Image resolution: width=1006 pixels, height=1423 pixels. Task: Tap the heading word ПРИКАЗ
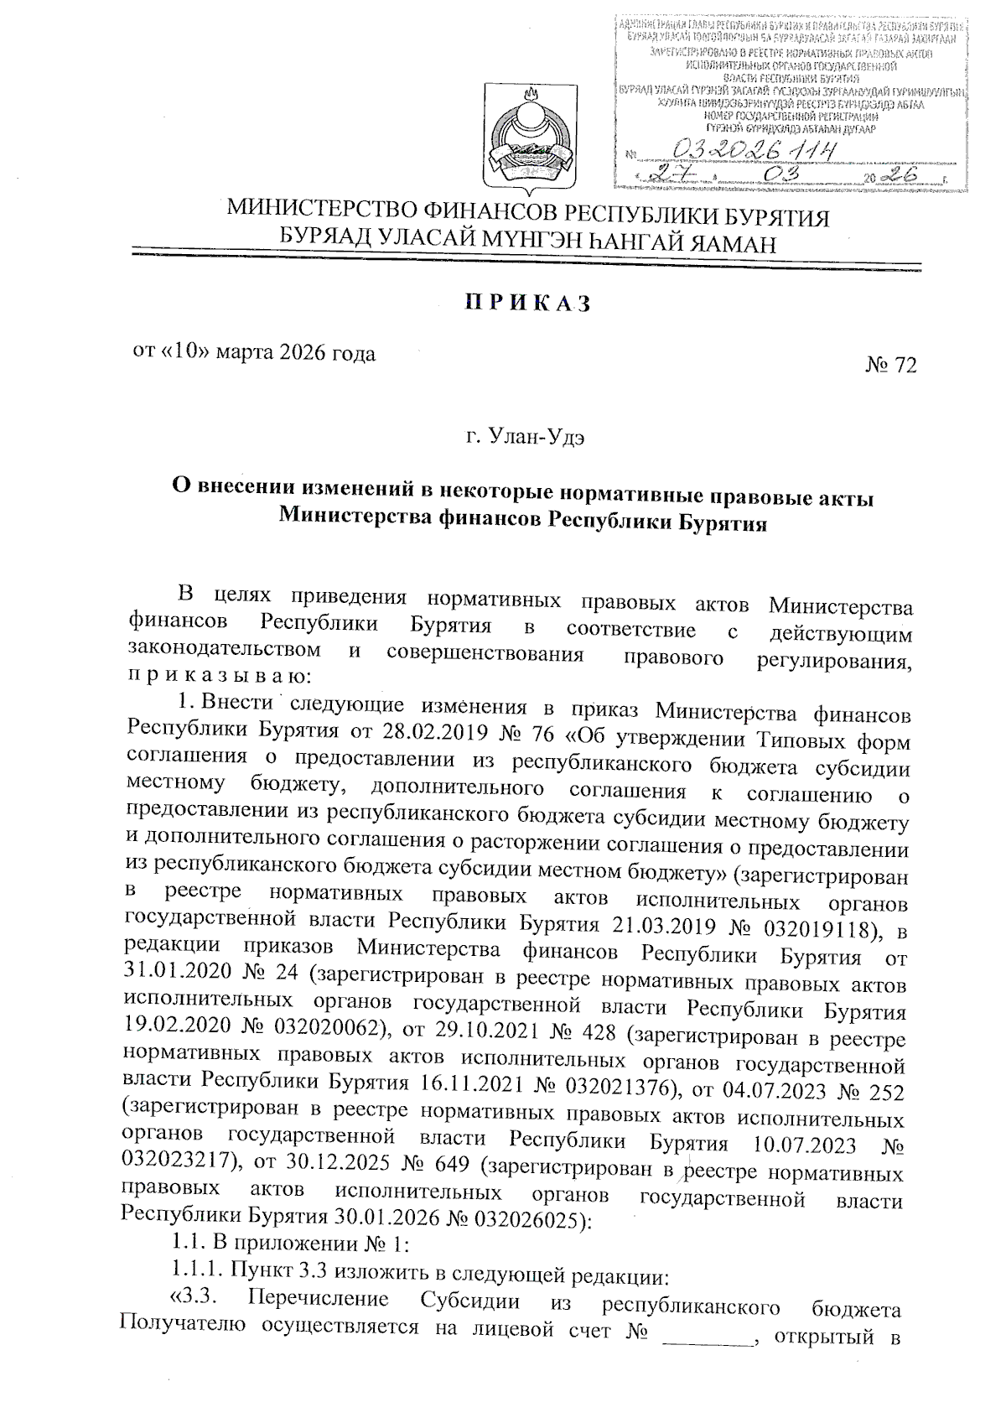pos(528,304)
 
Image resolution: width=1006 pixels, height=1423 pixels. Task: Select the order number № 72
pos(890,366)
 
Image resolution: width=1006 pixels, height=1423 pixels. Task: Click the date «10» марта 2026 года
pos(254,353)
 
